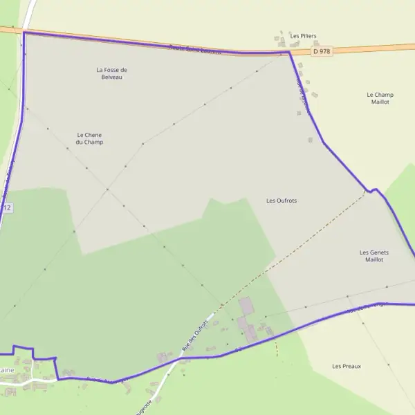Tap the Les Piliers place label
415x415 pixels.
point(303,36)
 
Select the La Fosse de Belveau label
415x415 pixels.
point(112,73)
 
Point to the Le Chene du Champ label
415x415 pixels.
point(90,138)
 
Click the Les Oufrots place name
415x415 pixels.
point(282,201)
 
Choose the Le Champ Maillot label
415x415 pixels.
point(379,98)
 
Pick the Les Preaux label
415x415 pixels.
point(347,366)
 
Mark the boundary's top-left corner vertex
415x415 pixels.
point(24,33)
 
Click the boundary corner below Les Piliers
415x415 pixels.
point(288,53)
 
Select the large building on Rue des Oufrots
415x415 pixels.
point(246,306)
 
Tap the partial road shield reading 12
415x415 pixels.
point(6,207)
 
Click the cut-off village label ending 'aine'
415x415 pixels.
point(6,370)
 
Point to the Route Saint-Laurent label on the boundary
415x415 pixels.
point(195,50)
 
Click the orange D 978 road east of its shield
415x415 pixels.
point(373,48)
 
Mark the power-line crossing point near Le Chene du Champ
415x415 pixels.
point(107,189)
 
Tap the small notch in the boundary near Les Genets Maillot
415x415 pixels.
point(374,190)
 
